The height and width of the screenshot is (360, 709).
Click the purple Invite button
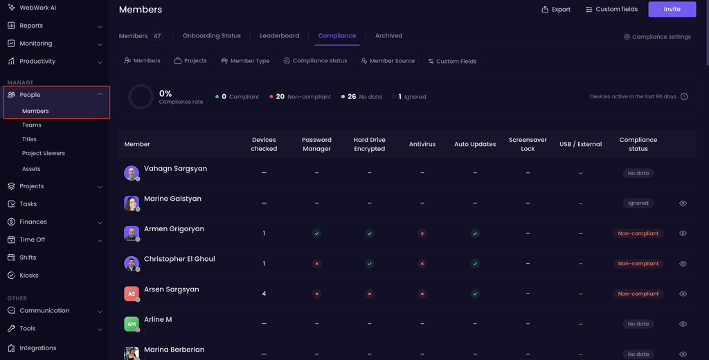(672, 9)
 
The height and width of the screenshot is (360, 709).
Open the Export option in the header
(556, 10)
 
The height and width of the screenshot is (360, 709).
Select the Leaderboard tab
(280, 36)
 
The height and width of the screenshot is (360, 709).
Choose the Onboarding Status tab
(212, 36)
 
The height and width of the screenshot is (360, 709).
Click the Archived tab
(388, 36)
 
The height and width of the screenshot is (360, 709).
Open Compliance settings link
(658, 37)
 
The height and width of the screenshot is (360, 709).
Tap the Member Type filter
(245, 61)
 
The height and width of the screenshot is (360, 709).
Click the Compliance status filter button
(315, 61)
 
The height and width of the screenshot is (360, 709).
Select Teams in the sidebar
(32, 125)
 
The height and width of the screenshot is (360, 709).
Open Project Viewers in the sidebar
(44, 153)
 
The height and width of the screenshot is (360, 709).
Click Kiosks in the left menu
(29, 276)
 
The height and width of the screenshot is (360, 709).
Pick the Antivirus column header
(422, 144)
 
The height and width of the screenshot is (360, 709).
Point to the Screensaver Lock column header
(528, 144)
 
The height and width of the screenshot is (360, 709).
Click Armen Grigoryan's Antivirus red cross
(422, 233)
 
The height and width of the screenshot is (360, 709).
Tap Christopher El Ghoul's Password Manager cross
(316, 264)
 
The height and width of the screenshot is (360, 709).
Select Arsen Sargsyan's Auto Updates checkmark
(475, 294)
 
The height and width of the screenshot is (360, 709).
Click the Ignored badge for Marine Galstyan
(638, 203)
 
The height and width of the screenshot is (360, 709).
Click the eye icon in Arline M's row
(683, 324)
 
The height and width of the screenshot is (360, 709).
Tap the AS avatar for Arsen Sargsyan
(131, 294)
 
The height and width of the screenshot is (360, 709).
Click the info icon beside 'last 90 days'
(684, 96)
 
